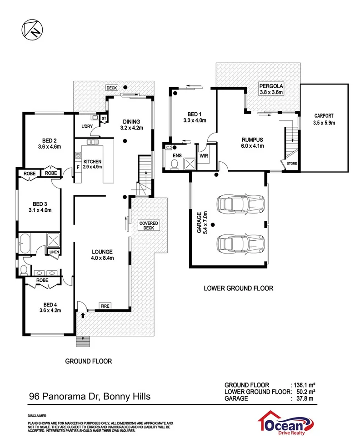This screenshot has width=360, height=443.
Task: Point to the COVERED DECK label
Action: (149, 225)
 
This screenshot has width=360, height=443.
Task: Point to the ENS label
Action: (177, 156)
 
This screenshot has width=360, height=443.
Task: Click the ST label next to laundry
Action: (104, 119)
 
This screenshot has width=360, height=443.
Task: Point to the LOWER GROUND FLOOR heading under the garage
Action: (238, 288)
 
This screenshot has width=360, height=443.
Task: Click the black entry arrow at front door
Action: (83, 314)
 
